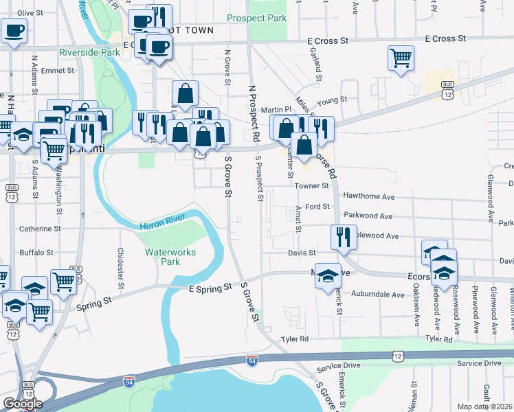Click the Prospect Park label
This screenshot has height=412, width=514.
coord(256,19)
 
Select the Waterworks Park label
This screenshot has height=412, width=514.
coord(171,257)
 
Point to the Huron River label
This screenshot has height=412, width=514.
coord(162,225)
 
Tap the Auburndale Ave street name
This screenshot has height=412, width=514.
coord(378,295)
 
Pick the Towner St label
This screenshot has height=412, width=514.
coord(312,185)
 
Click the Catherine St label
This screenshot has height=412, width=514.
coord(40,229)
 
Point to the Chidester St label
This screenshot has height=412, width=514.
coord(120,268)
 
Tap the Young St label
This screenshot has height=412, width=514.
coord(333,100)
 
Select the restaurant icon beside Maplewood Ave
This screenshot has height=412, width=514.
coord(342,237)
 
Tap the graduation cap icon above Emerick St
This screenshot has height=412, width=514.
coord(328,276)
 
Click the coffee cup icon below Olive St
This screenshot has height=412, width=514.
coord(14,30)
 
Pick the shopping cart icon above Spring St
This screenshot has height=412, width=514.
coord(63,279)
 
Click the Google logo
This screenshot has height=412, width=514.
coord(23,404)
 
